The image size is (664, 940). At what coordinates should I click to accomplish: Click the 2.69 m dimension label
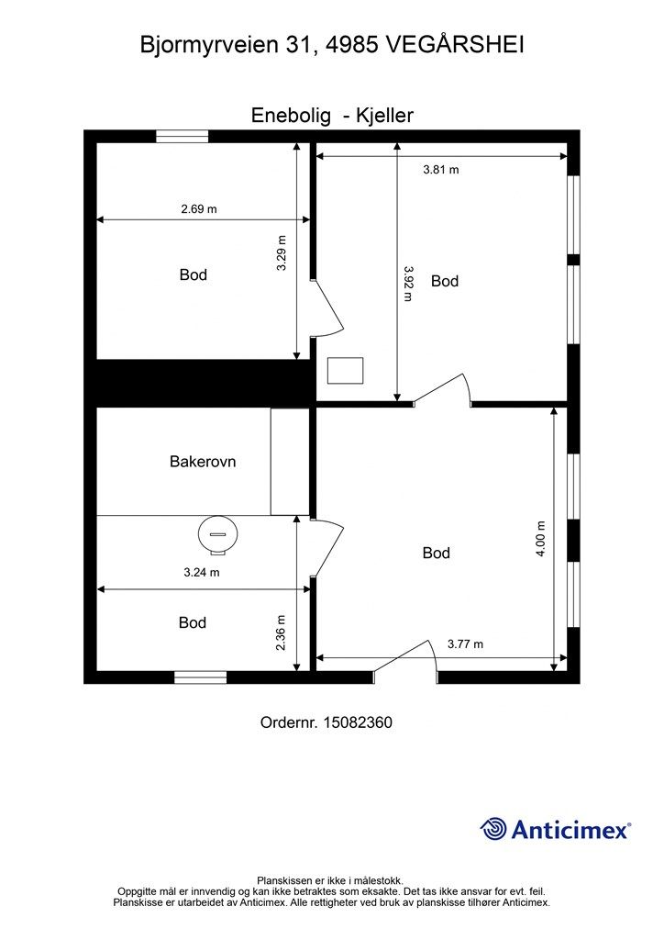click(199, 209)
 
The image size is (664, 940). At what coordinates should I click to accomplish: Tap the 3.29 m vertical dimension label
click(282, 252)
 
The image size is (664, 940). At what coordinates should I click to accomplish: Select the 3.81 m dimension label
click(440, 170)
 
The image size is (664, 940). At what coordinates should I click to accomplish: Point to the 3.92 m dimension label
click(408, 284)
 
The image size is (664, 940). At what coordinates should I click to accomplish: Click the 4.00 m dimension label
click(541, 539)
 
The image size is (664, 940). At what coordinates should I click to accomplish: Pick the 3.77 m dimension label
click(465, 644)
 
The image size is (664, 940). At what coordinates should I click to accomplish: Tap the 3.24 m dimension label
click(201, 573)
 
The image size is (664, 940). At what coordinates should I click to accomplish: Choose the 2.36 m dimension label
click(281, 632)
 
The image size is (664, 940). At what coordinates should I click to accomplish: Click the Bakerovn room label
click(203, 462)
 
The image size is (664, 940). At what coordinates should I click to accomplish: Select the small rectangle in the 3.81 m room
click(345, 371)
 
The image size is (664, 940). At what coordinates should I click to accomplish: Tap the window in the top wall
click(182, 136)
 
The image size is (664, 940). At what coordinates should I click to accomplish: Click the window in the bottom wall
click(201, 677)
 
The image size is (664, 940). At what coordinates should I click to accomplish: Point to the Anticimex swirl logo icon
click(493, 829)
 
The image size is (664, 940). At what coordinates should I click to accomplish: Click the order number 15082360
click(358, 722)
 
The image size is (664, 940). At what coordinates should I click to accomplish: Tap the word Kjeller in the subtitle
click(384, 115)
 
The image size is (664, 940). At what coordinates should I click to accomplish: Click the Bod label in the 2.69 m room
click(194, 274)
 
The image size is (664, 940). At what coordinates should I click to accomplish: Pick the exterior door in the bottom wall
click(405, 662)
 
